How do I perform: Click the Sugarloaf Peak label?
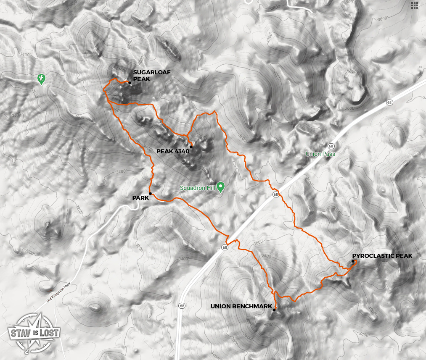pos(146,76)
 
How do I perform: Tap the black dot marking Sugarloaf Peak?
pos(130,83)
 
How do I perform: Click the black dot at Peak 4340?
pos(191,147)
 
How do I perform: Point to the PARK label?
pos(140,198)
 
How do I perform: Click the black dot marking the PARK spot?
pos(150,194)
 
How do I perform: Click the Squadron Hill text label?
pos(198,188)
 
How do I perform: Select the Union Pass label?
pos(318,154)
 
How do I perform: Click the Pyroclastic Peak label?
pos(382,255)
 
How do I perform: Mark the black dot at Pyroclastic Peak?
pos(353,262)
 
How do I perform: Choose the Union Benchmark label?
pos(241,306)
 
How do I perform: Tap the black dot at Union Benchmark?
pos(274,310)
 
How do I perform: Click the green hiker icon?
pos(41,78)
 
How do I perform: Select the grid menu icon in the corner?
pos(415,5)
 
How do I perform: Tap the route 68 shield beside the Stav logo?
pos(182,305)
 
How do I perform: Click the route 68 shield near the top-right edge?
pos(391,102)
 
